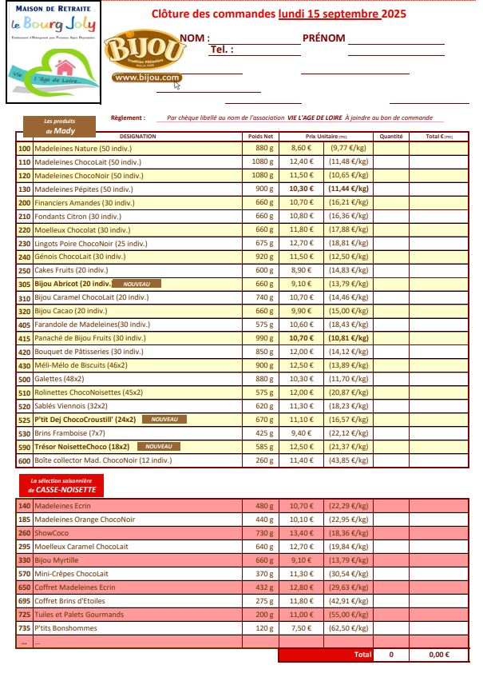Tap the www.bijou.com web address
pos(146,78)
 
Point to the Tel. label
pos(221,50)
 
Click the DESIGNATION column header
pos(138,137)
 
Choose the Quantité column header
pos(390,137)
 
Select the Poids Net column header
pos(261,137)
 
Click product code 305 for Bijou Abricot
pos(24,284)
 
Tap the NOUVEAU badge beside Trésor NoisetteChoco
pos(158,447)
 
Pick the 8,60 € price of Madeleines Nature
pos(301,149)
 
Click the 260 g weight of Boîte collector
pos(263,460)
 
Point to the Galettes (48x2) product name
pos(60,379)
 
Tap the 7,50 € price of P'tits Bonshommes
pos(301,628)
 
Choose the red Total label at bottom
pos(362,655)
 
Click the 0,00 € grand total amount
pos(438,655)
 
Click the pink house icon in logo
pos(64,65)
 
